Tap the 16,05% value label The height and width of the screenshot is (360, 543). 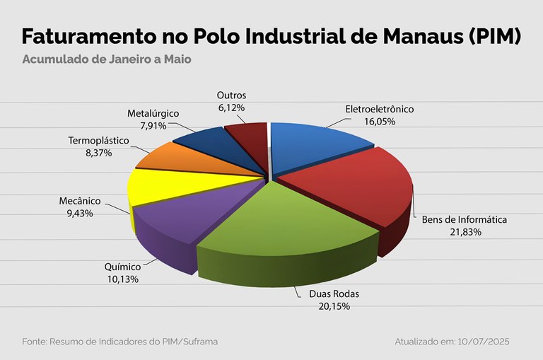[380, 122]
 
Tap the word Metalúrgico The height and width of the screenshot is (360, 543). [153, 113]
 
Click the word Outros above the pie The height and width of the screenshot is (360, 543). [231, 95]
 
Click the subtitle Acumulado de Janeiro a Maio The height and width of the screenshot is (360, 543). [106, 59]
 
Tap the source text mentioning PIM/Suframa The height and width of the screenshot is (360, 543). [119, 342]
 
